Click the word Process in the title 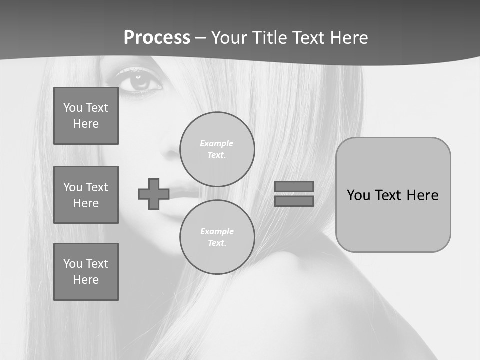[157, 38]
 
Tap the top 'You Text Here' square [86, 116]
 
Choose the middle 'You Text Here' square [86, 195]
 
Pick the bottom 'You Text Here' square [86, 272]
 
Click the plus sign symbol [154, 194]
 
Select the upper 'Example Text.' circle [217, 149]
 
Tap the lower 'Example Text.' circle [217, 237]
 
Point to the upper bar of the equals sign [294, 186]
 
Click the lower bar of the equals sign [294, 201]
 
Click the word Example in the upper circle [217, 143]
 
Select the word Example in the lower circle [217, 231]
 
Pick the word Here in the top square [86, 124]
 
